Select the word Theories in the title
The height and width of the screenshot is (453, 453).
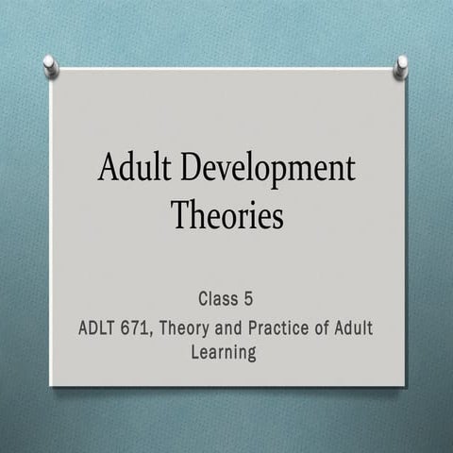pos(226,216)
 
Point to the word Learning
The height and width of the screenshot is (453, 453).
pos(225,353)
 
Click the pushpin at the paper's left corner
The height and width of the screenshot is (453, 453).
pos(51,65)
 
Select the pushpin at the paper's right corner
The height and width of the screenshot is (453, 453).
pos(401,65)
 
